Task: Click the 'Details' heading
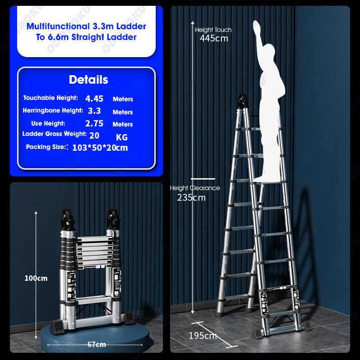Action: tap(88, 80)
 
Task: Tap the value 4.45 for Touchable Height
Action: tap(94, 99)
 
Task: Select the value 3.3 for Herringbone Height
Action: tap(94, 111)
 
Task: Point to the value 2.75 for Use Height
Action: tap(94, 123)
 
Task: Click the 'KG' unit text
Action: tap(121, 137)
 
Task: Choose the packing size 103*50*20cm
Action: tap(100, 148)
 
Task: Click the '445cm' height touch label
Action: tap(214, 38)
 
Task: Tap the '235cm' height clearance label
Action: tap(191, 198)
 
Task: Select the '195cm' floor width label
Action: tap(203, 336)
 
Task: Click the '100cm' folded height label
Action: tap(36, 278)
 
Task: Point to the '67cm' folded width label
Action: tap(97, 344)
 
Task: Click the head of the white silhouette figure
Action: tap(269, 50)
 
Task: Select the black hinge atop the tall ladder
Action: tap(242, 101)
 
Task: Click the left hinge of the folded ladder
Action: tap(67, 219)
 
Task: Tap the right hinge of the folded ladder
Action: tap(113, 219)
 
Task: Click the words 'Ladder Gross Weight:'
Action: tap(54, 134)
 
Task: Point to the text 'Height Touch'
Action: tap(213, 30)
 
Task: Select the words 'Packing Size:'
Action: tap(46, 147)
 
